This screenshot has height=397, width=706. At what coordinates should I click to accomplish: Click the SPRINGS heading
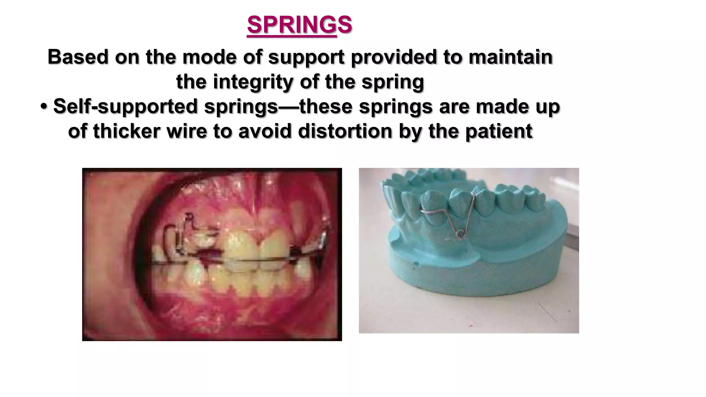pos(300,25)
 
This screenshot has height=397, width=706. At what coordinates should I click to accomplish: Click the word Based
pos(78,57)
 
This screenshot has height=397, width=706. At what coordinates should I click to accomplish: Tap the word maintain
pos(510,57)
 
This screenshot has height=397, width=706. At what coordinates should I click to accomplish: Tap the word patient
pos(499,131)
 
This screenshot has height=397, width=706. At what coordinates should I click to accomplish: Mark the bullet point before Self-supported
pos(44,106)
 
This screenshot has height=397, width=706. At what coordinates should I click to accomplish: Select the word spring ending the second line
pos(392,82)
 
